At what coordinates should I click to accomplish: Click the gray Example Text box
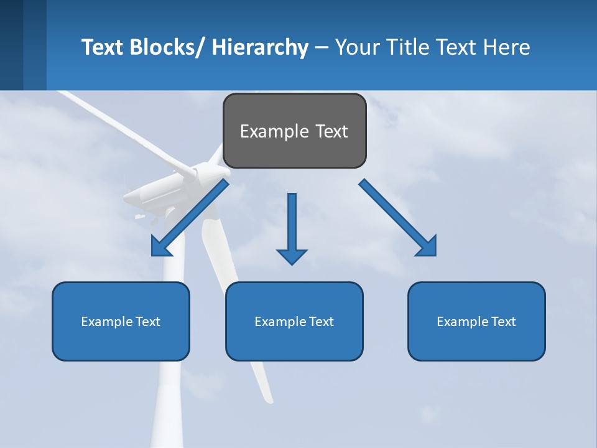(294, 131)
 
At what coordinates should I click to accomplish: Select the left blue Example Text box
(121, 321)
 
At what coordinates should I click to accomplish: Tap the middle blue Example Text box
(294, 321)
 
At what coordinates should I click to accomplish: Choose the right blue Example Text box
(476, 321)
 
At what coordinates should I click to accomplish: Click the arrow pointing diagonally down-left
(190, 218)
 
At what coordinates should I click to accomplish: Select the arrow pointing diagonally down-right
(398, 218)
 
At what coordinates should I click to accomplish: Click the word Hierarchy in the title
(260, 47)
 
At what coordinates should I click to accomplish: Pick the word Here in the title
(506, 47)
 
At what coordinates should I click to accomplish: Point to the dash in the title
(322, 48)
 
